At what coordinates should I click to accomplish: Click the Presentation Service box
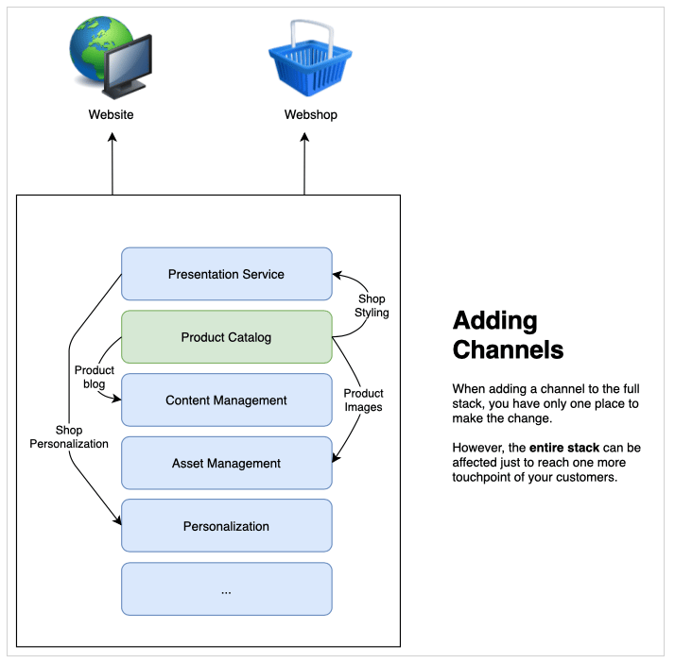pos(226,274)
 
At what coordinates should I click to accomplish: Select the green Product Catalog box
pos(226,337)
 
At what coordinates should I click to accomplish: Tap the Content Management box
pos(226,400)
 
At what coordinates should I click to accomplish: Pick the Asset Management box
pos(226,464)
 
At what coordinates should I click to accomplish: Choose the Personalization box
pos(226,526)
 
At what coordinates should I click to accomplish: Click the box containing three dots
pos(226,589)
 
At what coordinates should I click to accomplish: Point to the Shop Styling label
pos(372,306)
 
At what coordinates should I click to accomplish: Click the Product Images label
pos(363,400)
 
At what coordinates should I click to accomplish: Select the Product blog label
pos(95,378)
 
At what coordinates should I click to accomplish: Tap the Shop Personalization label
pos(69,436)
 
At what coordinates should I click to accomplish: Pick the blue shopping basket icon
pos(309,59)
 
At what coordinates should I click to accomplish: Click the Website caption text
pos(112,115)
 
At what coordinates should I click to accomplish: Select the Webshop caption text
pos(310,115)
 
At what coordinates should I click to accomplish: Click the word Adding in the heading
pos(494,321)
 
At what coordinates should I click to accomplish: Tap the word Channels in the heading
pos(508,349)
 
